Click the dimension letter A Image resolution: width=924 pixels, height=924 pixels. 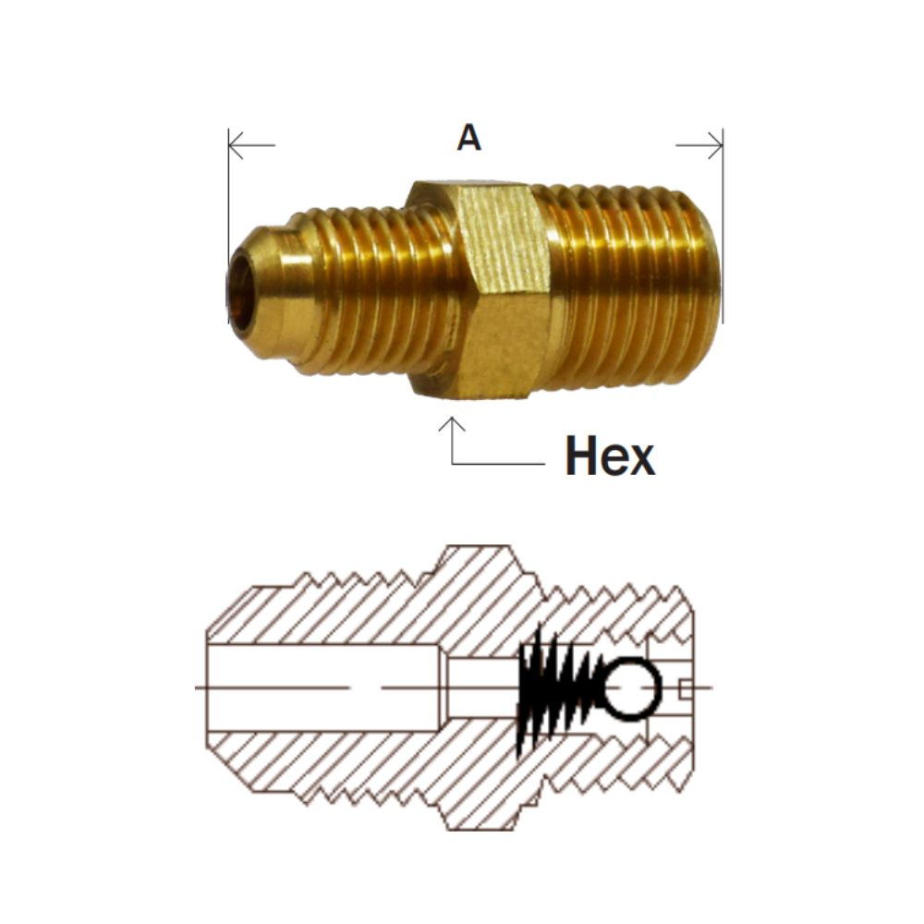pyautogui.click(x=469, y=139)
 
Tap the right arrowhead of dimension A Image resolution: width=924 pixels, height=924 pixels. pyautogui.click(x=716, y=145)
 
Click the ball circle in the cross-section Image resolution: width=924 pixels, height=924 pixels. pyautogui.click(x=632, y=688)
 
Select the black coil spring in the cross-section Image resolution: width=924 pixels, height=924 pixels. pyautogui.click(x=554, y=688)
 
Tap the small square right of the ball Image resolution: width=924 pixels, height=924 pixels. pyautogui.click(x=685, y=688)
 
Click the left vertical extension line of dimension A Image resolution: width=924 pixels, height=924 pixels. pyautogui.click(x=228, y=231)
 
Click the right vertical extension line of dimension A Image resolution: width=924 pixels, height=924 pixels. pyautogui.click(x=723, y=231)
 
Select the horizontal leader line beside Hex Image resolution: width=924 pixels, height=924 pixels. pyautogui.click(x=499, y=462)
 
